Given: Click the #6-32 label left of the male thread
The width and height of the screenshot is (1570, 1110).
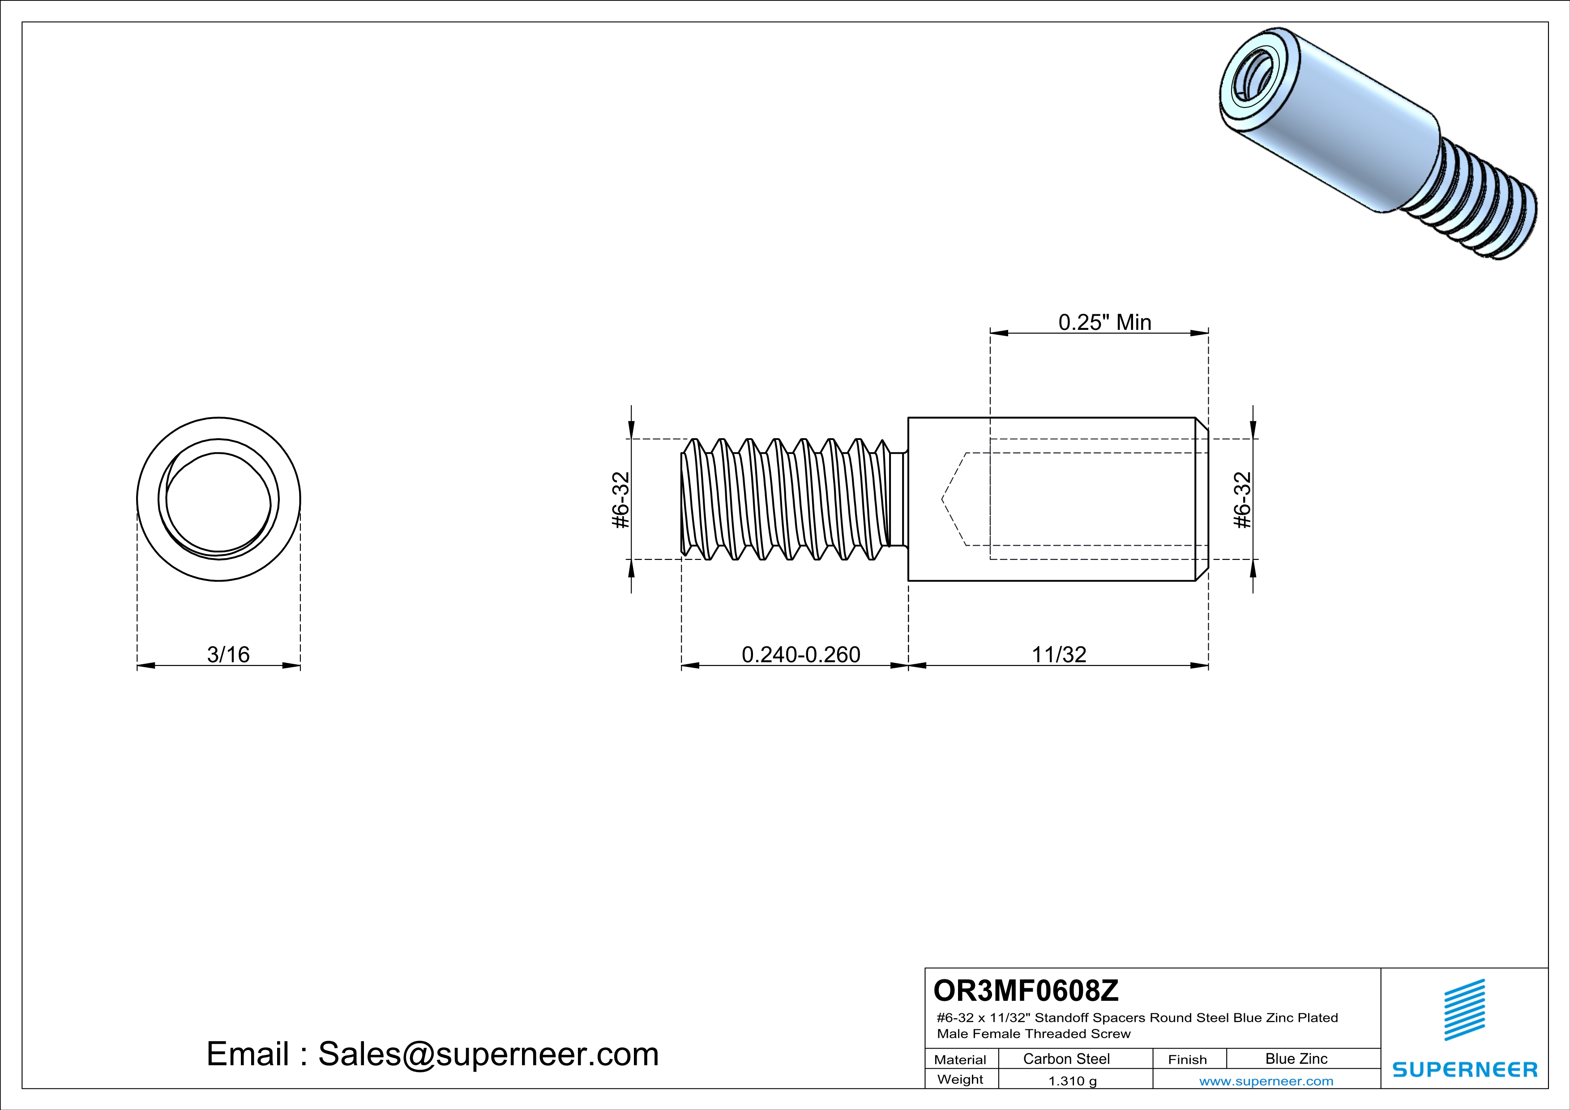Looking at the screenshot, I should [620, 499].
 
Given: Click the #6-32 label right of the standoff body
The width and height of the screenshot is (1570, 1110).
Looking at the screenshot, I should [1242, 499].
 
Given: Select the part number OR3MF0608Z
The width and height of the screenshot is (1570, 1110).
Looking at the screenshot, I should [1026, 990].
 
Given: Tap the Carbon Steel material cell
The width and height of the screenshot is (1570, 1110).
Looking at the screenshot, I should [1066, 1059].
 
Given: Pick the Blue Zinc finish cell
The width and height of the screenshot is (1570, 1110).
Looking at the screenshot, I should [1296, 1059].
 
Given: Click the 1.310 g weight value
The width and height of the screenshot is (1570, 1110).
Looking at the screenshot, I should [1072, 1080].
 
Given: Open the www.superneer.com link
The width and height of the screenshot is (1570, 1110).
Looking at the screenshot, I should [1266, 1080].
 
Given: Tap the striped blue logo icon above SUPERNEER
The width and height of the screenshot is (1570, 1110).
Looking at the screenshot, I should [1464, 1010].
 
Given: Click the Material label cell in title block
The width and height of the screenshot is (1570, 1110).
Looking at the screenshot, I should [960, 1059].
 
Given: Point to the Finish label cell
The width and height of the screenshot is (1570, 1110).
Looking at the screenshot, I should [1187, 1059].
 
